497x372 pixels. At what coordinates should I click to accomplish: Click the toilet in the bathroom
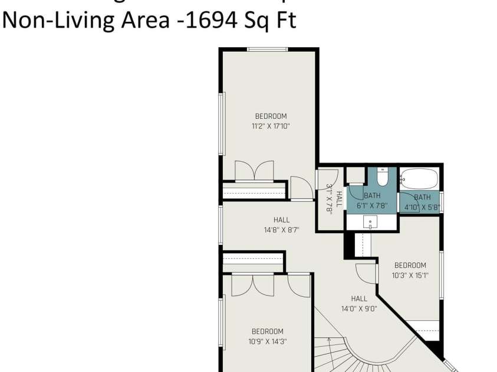click(x=381, y=176)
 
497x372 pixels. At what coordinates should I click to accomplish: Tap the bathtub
click(x=419, y=177)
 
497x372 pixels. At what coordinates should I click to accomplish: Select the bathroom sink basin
click(x=371, y=222)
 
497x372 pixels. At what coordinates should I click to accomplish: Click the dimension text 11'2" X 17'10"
click(x=271, y=126)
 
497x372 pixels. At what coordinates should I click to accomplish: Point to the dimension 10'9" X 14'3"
click(x=267, y=341)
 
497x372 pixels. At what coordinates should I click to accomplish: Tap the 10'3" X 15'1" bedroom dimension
click(x=410, y=275)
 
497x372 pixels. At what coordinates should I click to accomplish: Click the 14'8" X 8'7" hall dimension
click(x=281, y=230)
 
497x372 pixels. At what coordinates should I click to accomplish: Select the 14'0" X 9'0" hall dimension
click(x=358, y=308)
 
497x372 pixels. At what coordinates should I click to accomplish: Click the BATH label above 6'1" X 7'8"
click(x=372, y=195)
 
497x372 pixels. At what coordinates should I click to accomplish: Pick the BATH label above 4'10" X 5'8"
click(x=422, y=197)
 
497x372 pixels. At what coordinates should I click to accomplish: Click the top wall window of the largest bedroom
click(x=266, y=49)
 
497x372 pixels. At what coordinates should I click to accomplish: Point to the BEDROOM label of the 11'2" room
click(x=271, y=117)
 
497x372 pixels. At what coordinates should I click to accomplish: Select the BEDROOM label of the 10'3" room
click(x=410, y=265)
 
